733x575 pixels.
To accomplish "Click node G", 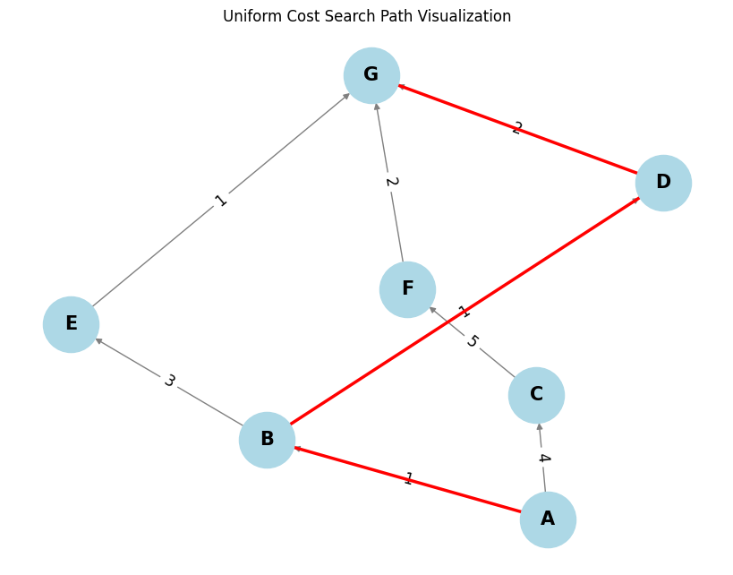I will coord(371,75).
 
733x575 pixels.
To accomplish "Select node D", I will coord(663,183).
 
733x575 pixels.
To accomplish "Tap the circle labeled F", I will coord(407,289).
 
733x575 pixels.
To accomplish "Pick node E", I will coord(71,324).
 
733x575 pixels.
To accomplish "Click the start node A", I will coord(548,519).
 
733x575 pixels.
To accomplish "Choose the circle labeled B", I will coord(267,440).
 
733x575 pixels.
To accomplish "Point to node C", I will coord(536,395).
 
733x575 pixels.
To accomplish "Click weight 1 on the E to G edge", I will coord(221,201).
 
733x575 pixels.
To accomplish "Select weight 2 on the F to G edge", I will coord(390,182).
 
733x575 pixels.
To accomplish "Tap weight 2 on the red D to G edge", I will coord(516,129).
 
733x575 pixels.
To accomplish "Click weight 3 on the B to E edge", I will coord(169,382).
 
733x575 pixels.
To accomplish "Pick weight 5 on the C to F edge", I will coord(472,342).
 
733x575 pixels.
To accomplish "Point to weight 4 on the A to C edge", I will coord(542,459).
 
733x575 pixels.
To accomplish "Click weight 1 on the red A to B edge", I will coord(408,479).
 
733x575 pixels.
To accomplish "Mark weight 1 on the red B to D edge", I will coord(463,313).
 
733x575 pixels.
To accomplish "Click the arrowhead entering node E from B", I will coord(98,340).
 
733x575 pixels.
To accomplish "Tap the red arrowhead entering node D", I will coord(636,199).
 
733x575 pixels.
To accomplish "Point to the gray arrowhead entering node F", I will coord(432,309).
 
